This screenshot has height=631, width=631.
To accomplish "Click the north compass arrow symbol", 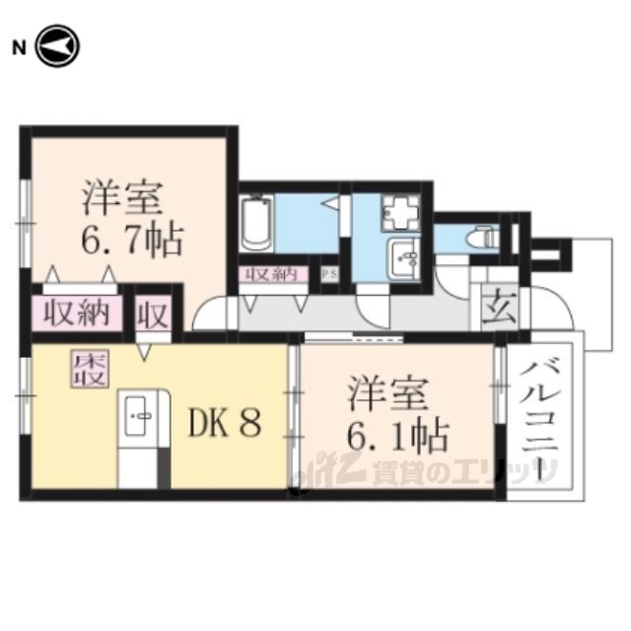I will click(x=57, y=46).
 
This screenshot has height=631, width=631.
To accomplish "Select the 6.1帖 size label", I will click(x=398, y=434).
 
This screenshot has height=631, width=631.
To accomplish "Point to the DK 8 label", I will click(x=226, y=423).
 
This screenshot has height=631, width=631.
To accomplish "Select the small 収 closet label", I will click(x=156, y=315).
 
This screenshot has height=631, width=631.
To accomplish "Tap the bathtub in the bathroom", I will click(x=256, y=225).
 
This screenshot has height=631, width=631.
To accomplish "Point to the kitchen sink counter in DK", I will click(x=137, y=424).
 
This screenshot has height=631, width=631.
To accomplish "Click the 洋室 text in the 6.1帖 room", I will click(x=387, y=393).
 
